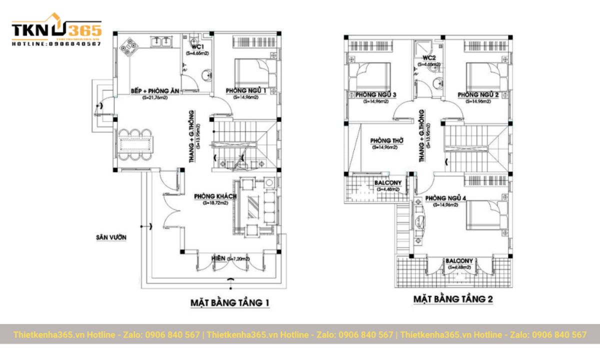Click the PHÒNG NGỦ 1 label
(x=245, y=90)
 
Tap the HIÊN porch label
(x=217, y=258)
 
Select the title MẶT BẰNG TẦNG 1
(x=230, y=303)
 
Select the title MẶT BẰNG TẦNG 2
(x=453, y=299)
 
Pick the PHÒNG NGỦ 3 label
(x=376, y=95)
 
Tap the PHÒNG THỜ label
(x=384, y=141)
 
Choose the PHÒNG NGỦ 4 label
(x=445, y=198)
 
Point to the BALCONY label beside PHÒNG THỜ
(x=387, y=183)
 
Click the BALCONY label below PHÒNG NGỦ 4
(x=459, y=261)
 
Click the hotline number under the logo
(x=56, y=44)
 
